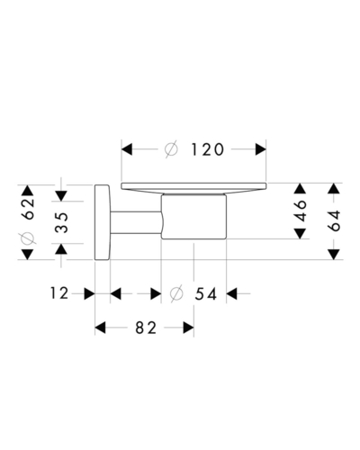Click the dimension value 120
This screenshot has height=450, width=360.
coord(208,149)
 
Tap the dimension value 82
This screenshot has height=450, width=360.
coord(146,328)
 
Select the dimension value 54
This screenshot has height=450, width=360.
coord(206,294)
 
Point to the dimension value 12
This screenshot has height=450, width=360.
coord(59,293)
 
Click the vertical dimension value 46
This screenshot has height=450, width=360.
coord(301,211)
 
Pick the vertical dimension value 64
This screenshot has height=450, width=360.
coord(334,220)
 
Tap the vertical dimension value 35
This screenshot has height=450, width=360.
coord(61,222)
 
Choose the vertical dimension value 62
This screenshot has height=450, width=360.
coord(28,209)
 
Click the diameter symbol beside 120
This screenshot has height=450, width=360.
coord(171,149)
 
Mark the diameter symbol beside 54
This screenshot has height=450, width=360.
coord(176,293)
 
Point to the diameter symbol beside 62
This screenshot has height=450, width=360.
coord(28,238)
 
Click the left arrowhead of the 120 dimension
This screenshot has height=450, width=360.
coord(127,149)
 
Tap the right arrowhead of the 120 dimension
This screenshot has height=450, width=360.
coord(261,149)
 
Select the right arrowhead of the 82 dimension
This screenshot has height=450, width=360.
coord(188,328)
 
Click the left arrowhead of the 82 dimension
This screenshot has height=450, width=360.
coord(100,328)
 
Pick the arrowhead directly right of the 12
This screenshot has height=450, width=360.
coord(89,293)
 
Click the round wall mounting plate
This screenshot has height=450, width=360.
coord(103,222)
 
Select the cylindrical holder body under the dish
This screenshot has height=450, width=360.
coord(193,217)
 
